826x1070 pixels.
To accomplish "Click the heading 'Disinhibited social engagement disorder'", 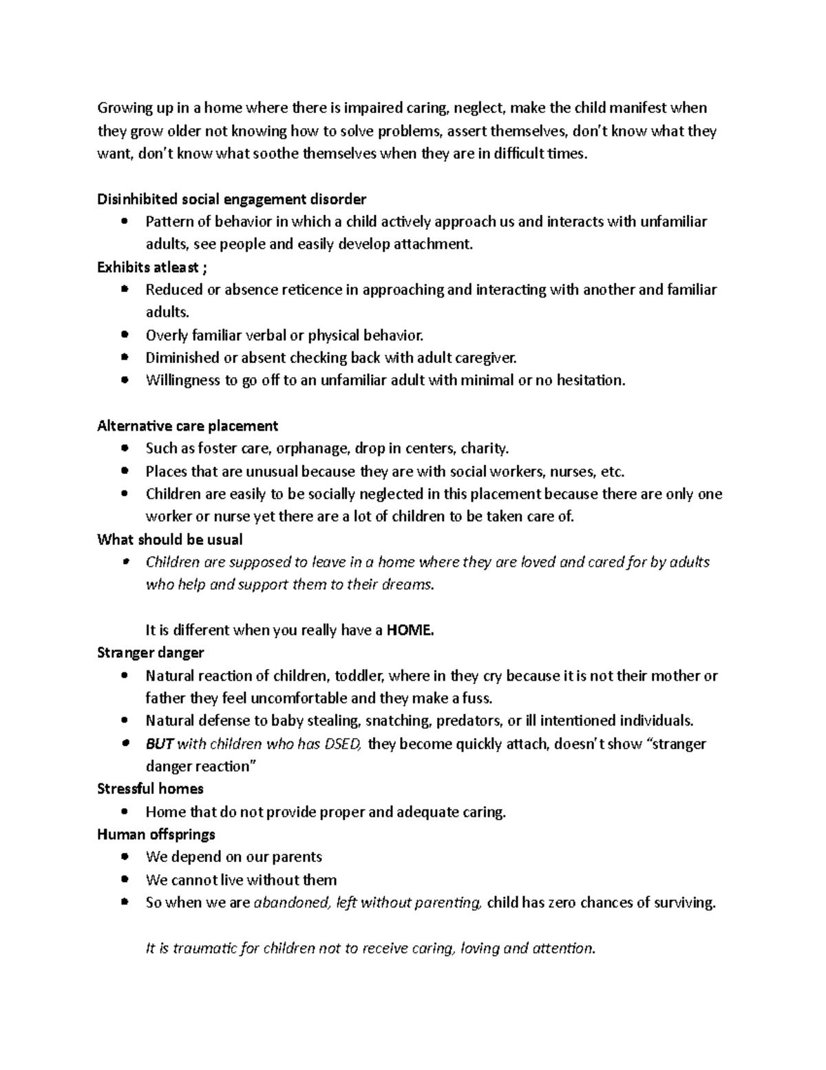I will point(231,199).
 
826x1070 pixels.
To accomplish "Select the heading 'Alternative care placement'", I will point(187,426).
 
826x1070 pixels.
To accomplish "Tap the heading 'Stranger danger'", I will point(150,652).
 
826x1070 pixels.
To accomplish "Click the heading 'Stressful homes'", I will point(150,788).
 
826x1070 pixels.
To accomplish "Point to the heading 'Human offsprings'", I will point(156,834).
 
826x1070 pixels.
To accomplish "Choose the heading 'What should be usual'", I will point(169,539).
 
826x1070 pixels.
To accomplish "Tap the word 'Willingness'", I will point(182,380).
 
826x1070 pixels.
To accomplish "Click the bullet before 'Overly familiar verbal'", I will point(124,336).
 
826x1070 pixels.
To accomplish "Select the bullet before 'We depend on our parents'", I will point(124,857).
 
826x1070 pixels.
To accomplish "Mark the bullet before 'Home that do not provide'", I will point(124,812).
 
